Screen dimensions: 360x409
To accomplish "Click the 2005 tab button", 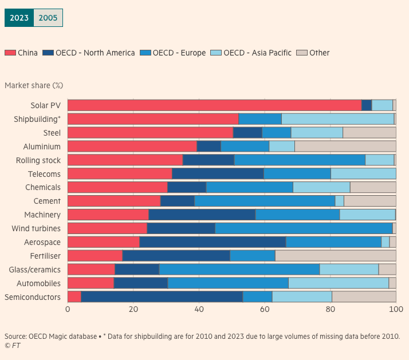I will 48,18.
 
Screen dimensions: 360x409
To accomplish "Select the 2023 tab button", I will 19,18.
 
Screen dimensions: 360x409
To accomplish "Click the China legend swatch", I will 10,53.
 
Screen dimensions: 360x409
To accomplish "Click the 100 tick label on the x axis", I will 396,309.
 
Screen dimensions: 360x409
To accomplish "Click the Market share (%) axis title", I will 34,85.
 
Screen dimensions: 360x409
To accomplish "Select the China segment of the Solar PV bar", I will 214,105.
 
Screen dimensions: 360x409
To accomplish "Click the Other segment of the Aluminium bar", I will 345,147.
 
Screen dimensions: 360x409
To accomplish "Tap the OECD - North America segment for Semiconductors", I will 162,297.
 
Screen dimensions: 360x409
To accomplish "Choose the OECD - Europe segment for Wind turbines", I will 304,228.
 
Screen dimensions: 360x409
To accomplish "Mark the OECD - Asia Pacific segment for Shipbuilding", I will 337,119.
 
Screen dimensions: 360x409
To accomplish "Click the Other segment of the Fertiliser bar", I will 335,256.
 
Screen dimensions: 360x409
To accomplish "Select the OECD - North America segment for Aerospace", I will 213,242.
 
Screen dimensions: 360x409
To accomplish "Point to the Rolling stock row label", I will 38,160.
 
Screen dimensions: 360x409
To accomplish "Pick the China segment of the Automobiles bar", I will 91,283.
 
